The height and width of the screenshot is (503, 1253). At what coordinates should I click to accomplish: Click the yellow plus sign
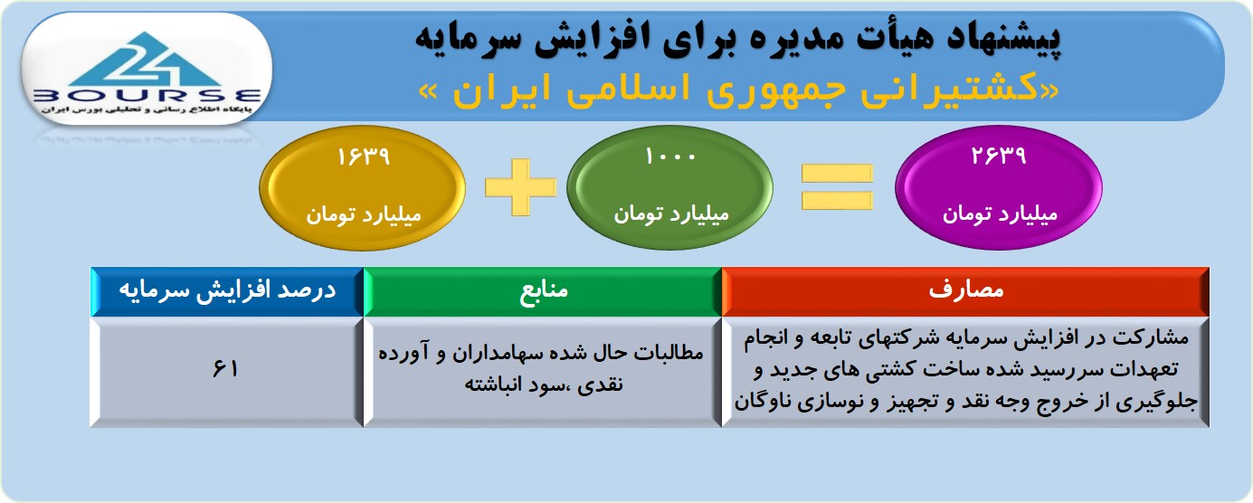(x=521, y=187)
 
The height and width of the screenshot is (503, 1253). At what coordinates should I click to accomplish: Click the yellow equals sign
(x=837, y=187)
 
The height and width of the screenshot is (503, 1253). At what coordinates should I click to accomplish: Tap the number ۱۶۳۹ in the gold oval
(x=363, y=157)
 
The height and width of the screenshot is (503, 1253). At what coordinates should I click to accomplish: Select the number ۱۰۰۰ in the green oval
(x=670, y=157)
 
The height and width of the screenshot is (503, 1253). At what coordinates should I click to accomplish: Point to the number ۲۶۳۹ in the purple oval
(x=999, y=155)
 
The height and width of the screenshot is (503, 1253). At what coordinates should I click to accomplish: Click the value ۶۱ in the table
(x=225, y=369)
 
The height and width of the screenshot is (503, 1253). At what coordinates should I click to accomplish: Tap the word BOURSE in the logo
(x=147, y=96)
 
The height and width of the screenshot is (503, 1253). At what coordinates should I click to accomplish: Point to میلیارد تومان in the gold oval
(x=363, y=215)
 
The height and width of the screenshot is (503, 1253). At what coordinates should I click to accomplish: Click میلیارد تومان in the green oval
(x=671, y=214)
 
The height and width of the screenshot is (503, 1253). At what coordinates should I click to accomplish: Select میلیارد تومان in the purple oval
(x=1000, y=214)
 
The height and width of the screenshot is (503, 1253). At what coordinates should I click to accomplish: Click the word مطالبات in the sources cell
(x=669, y=353)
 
